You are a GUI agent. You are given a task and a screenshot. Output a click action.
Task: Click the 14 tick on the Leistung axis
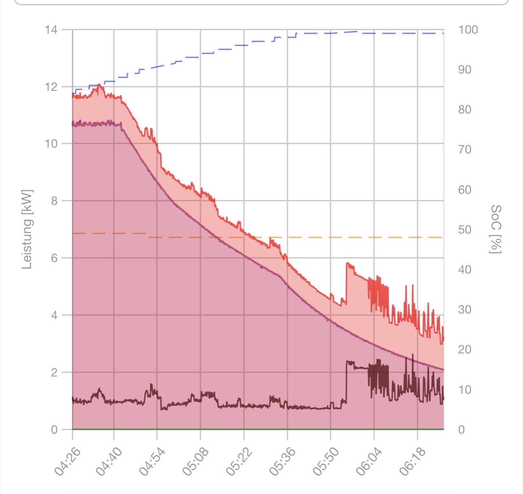(51, 30)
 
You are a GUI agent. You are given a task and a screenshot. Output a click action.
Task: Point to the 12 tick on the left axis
(51, 87)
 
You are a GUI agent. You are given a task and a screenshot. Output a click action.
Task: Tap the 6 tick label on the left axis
(54, 258)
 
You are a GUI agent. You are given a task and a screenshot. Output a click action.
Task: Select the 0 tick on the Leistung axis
(54, 430)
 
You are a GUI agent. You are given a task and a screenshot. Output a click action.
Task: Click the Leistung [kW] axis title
(27, 229)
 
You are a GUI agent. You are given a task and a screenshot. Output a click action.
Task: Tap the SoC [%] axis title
(495, 229)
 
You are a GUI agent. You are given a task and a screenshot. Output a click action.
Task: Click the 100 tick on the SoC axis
(468, 30)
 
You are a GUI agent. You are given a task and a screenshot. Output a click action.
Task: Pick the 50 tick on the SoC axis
(465, 230)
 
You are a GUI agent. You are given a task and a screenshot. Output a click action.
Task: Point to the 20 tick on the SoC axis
(465, 350)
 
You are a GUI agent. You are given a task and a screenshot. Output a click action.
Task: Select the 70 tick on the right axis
(465, 150)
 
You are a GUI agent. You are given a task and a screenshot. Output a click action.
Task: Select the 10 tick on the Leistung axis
(51, 144)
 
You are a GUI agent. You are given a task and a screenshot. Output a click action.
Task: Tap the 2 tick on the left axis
(54, 372)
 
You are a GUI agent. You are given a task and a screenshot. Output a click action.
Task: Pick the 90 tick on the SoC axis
(465, 70)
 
